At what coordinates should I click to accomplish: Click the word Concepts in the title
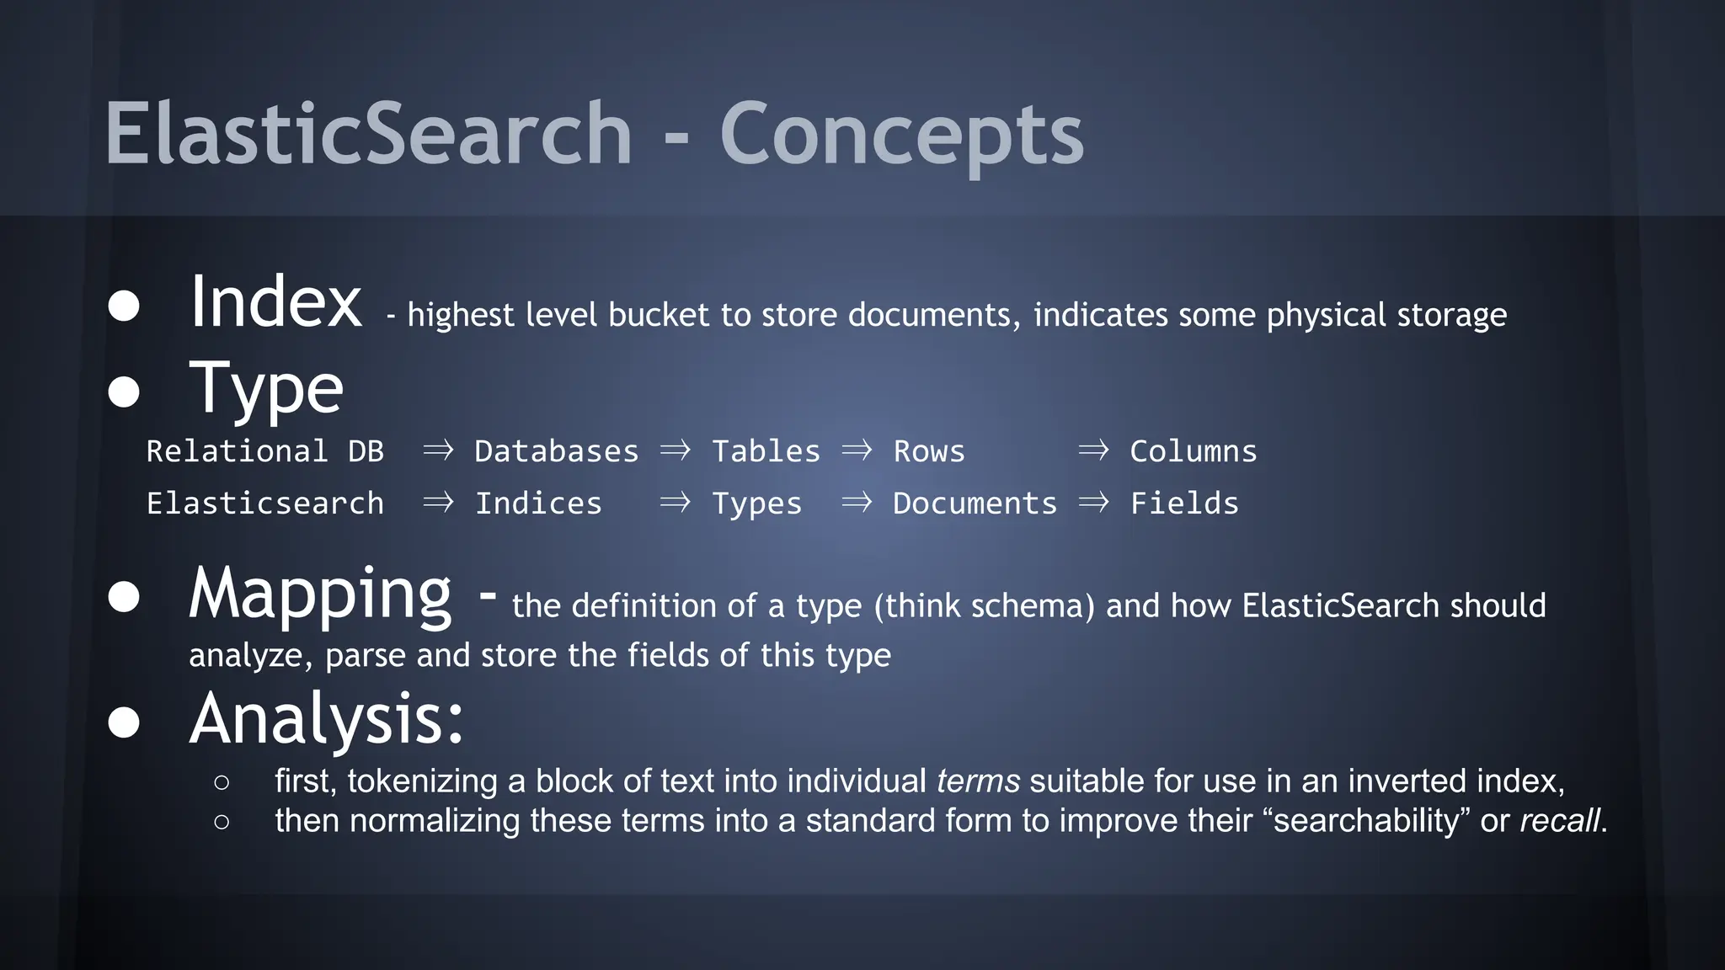click(x=901, y=135)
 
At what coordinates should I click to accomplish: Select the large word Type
click(x=266, y=389)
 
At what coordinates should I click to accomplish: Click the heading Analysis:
click(x=327, y=719)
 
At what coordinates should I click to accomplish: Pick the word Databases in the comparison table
click(x=556, y=451)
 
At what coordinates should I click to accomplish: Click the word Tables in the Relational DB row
click(x=766, y=451)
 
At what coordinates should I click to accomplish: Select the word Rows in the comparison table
click(x=928, y=451)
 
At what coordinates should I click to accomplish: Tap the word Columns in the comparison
click(x=1193, y=451)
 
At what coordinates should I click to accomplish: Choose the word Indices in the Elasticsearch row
click(x=538, y=504)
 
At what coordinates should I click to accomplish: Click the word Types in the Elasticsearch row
click(x=756, y=504)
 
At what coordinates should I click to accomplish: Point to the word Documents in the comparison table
click(x=975, y=504)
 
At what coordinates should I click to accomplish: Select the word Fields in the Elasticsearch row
click(x=1183, y=504)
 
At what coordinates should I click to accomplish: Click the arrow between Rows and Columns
click(x=1093, y=450)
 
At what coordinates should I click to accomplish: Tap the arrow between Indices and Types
click(x=675, y=503)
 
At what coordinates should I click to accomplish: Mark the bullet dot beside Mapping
click(x=124, y=597)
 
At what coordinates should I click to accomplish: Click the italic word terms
click(x=978, y=781)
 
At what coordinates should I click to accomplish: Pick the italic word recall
click(x=1559, y=821)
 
